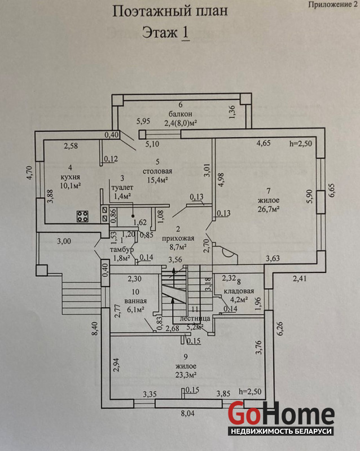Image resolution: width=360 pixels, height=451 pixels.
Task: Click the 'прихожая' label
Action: tap(178, 237)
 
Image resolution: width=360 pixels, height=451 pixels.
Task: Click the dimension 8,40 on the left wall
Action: tap(94, 329)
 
